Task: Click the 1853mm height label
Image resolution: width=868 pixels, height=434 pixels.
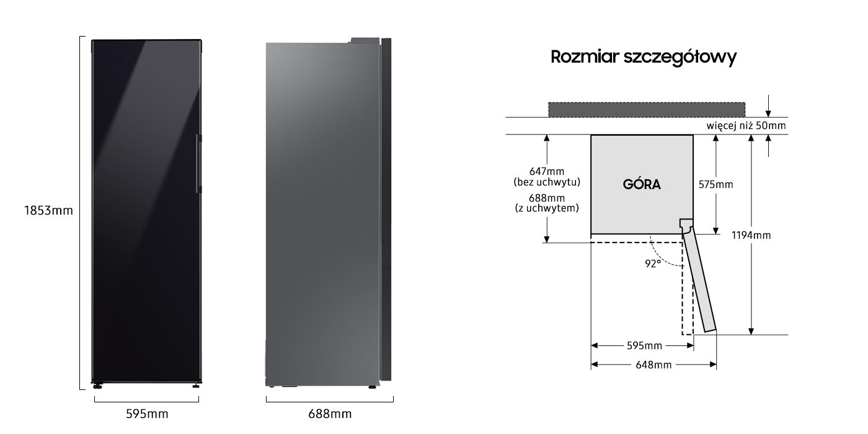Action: (x=48, y=210)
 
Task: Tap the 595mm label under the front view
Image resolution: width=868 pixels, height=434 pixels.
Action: (x=148, y=414)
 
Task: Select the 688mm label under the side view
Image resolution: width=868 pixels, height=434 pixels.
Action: (x=330, y=414)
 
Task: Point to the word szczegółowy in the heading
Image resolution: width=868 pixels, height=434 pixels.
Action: (x=680, y=57)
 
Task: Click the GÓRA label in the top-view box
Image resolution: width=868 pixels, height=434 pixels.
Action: (x=642, y=184)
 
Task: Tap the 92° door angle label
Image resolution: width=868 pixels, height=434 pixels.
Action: (x=652, y=263)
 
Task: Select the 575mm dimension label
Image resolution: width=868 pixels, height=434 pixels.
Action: (x=715, y=185)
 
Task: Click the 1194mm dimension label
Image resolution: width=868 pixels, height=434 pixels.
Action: (x=751, y=235)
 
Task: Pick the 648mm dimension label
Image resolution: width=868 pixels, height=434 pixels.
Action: (x=653, y=365)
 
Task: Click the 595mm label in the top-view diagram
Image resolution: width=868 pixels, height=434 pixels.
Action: (x=644, y=345)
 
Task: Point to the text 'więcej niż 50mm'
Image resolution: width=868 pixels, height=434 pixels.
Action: (x=746, y=126)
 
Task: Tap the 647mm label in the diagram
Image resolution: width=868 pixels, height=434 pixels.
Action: (x=547, y=171)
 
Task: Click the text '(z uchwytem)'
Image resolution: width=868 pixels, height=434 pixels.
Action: (x=547, y=208)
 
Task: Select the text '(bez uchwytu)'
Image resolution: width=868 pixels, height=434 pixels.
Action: (x=547, y=182)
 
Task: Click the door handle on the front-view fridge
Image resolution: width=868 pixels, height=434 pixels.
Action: (x=199, y=164)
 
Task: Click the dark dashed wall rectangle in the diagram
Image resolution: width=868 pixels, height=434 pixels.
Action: (x=646, y=110)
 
